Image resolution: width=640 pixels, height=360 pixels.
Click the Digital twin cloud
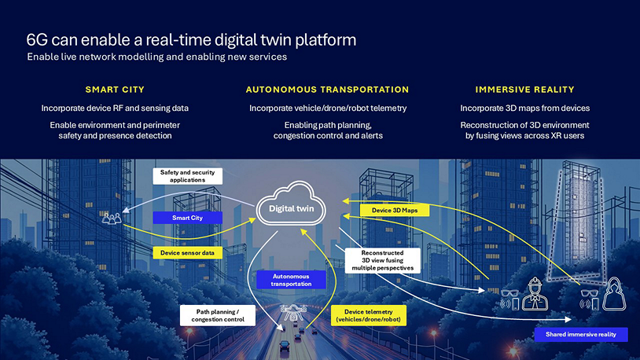point(291,204)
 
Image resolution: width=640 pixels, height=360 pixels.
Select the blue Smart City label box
point(187,218)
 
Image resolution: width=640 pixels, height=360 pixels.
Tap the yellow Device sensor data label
point(187,252)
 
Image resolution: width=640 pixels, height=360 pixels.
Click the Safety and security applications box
point(187,176)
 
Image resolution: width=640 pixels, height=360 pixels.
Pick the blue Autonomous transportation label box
point(291,280)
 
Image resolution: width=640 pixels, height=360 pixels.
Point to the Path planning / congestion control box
point(218,315)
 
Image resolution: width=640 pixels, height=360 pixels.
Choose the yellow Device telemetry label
point(369,315)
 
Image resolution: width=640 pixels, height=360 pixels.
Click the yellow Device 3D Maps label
point(395,210)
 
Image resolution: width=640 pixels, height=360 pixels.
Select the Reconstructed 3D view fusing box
point(382,260)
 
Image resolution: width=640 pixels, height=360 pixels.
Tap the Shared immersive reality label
point(581,334)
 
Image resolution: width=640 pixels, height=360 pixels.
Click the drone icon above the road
point(293,313)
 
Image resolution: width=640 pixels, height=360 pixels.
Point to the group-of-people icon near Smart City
point(112,219)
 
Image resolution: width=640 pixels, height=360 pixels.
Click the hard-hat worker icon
point(535,294)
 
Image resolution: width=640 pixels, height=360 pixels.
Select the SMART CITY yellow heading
point(115,90)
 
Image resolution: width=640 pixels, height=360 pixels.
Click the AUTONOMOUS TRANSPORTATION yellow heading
point(327,90)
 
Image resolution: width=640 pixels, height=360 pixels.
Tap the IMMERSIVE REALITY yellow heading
point(525,90)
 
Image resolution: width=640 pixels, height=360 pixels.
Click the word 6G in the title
point(37,40)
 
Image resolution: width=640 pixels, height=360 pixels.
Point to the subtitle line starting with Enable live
point(157,57)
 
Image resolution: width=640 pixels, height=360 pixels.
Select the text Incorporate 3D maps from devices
point(525,108)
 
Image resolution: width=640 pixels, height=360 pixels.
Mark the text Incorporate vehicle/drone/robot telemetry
point(328,108)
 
